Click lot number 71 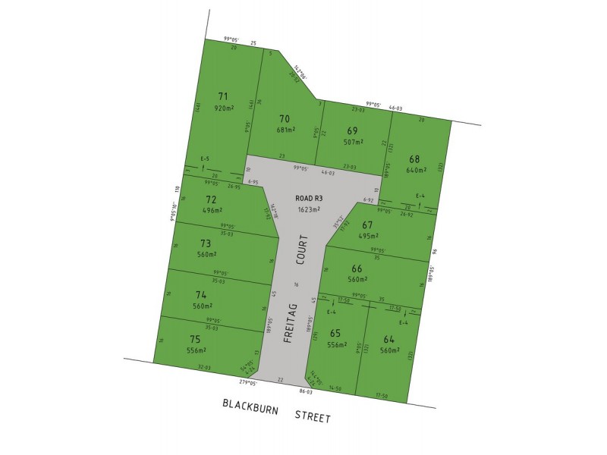coord(222,96)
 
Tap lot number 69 coord(353,130)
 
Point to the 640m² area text coord(417,171)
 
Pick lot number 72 coord(211,199)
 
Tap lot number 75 coord(195,340)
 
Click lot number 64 coord(389,340)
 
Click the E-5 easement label coord(205,159)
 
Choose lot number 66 coord(357,268)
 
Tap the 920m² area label coord(222,108)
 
